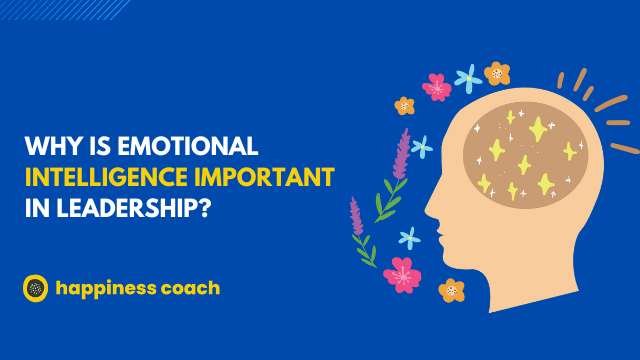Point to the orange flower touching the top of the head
click(x=497, y=73)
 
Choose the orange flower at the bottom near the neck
click(x=452, y=290)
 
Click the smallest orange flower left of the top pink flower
click(x=404, y=104)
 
